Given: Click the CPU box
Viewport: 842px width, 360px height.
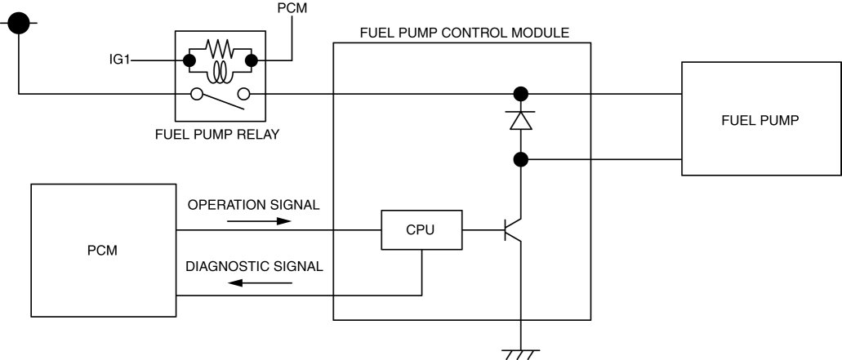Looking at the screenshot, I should pyautogui.click(x=421, y=230).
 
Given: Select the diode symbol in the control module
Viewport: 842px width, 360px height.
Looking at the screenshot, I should pyautogui.click(x=520, y=121).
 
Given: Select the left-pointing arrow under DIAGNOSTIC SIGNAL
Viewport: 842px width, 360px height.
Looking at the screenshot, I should pyautogui.click(x=260, y=282).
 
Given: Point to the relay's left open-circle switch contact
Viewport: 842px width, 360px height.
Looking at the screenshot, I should pyautogui.click(x=196, y=94).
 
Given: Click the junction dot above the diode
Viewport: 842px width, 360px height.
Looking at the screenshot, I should pyautogui.click(x=520, y=93).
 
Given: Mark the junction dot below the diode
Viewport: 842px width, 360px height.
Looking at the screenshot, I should pyautogui.click(x=520, y=159).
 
